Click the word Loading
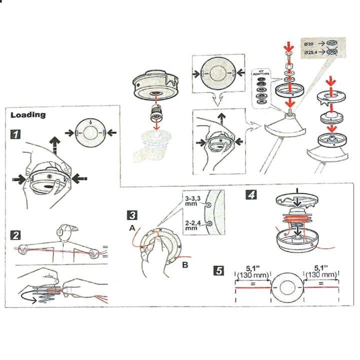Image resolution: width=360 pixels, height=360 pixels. pos(28,115)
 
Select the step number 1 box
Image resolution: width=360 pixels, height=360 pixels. pos(16,134)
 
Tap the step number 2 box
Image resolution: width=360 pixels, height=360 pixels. pos(16,234)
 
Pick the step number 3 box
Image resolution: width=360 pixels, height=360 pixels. pos(132,215)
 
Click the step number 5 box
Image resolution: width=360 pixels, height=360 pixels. pos(218,271)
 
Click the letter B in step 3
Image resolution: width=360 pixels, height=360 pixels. pos(185,265)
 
